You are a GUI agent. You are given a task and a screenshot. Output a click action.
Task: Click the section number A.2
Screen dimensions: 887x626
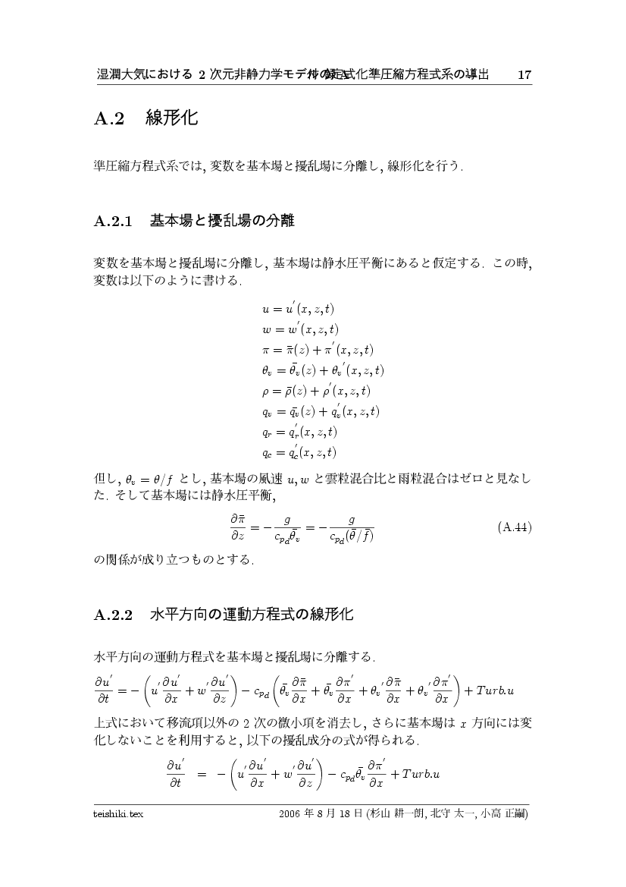coord(108,119)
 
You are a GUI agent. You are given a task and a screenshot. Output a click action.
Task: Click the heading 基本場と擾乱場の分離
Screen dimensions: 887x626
coord(221,222)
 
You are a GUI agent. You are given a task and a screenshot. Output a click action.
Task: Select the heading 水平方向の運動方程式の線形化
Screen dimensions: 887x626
coord(252,615)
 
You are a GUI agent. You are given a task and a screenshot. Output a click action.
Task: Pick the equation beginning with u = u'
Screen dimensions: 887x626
coord(298,310)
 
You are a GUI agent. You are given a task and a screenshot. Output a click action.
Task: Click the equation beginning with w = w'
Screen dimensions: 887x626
coord(300,330)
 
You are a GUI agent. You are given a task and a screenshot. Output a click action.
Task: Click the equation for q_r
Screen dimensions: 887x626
coord(299,432)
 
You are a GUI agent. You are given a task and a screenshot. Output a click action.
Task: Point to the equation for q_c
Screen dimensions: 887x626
coord(299,453)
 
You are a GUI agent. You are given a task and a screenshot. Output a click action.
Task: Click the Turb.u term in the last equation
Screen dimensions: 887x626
coord(421,774)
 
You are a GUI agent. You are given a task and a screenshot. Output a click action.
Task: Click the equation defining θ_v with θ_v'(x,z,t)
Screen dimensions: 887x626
coord(323,371)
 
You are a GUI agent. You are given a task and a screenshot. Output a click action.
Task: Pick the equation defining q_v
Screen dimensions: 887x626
coord(320,412)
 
